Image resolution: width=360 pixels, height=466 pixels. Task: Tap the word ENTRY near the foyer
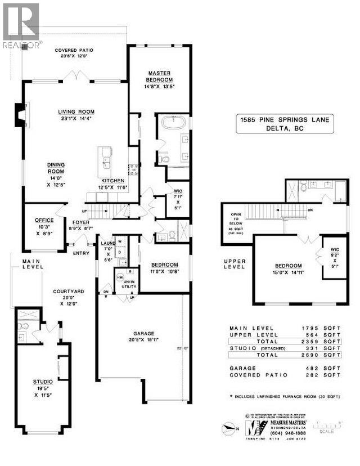click(80, 253)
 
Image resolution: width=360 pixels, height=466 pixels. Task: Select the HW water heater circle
click(119, 278)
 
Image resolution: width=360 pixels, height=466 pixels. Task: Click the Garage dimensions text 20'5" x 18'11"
click(139, 339)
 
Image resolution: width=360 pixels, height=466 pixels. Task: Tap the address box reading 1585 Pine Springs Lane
click(285, 123)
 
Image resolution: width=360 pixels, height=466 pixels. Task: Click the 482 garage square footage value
click(321, 369)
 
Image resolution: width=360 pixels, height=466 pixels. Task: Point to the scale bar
click(329, 424)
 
